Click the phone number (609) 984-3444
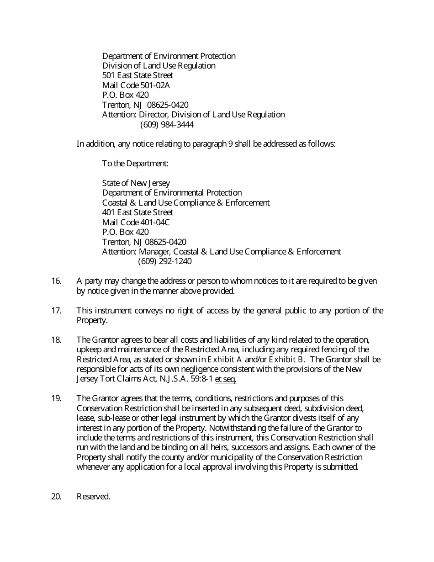click(167, 124)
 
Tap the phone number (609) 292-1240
click(164, 261)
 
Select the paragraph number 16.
click(56, 281)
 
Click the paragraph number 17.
click(56, 311)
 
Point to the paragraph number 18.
click(56, 340)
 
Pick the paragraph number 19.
click(56, 398)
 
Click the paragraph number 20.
click(56, 497)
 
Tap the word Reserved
click(93, 497)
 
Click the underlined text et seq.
click(225, 379)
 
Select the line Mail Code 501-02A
click(136, 85)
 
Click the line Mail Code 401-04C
click(136, 222)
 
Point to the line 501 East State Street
click(138, 75)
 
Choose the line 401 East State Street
click(138, 212)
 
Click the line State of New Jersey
click(136, 183)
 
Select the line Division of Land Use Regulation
click(159, 66)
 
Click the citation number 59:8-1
click(200, 379)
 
